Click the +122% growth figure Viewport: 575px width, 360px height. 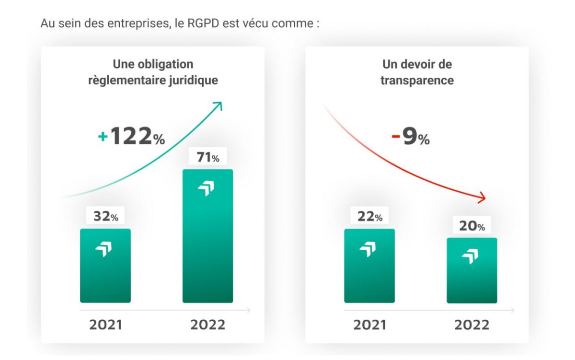coord(131,137)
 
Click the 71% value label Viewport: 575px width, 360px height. coord(207,157)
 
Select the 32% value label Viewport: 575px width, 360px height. coord(105,216)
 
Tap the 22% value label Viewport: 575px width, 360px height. coord(369,216)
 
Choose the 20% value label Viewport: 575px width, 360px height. coord(471,226)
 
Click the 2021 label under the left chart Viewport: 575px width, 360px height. coord(105,325)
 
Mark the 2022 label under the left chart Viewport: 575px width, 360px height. coord(207,325)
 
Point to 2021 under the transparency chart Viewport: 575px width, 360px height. coord(369,325)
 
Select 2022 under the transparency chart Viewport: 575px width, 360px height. coord(472,325)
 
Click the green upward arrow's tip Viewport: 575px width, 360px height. coord(221,103)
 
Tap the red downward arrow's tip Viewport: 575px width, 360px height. coord(484,197)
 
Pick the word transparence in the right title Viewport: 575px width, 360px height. coord(417,80)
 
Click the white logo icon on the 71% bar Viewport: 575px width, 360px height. coord(206,189)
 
